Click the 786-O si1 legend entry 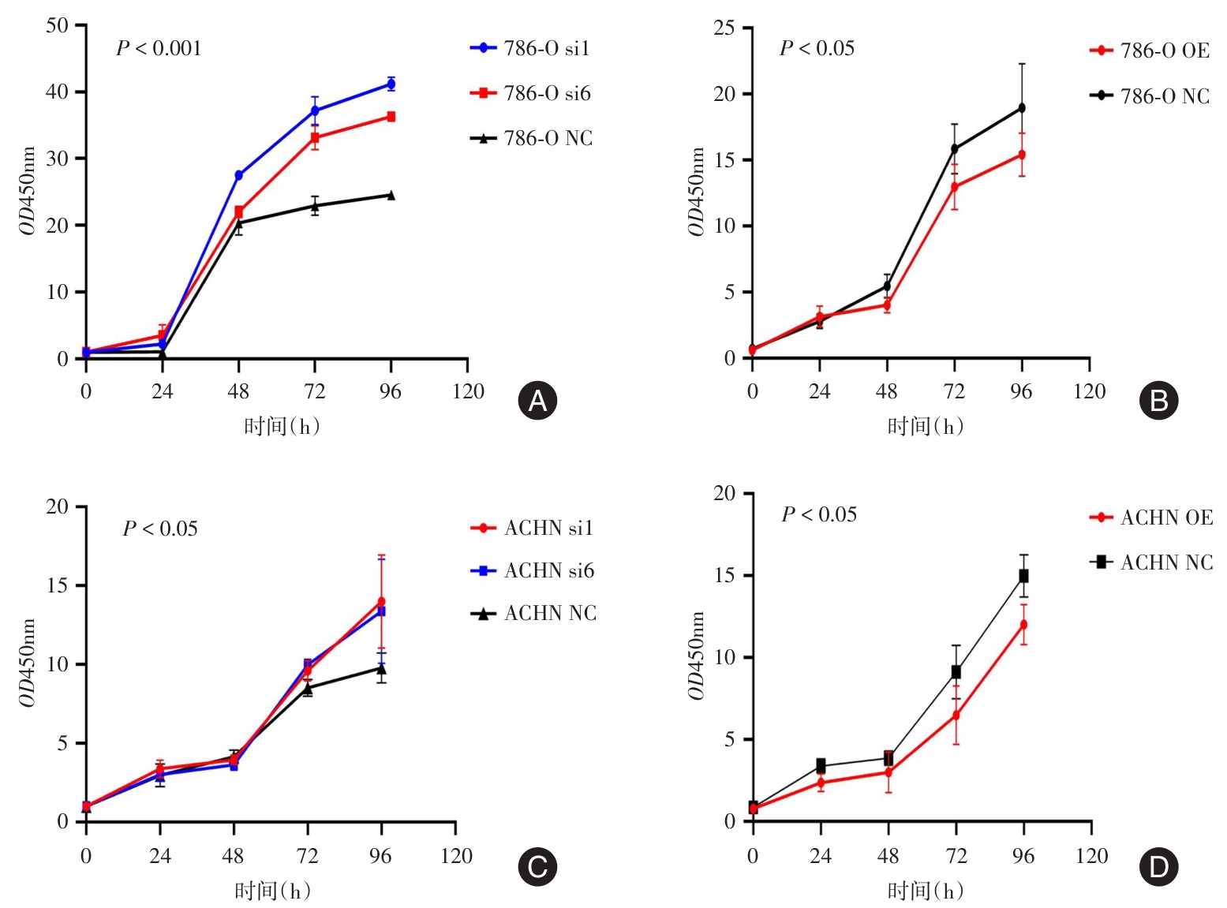(530, 48)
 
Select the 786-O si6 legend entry (530, 93)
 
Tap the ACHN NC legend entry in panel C (533, 613)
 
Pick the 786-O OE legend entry (1149, 50)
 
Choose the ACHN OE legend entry (1150, 518)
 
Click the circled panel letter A (537, 401)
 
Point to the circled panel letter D (1158, 867)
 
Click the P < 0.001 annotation (159, 49)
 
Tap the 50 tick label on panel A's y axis (57, 25)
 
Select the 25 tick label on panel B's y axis (724, 28)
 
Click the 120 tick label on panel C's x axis (456, 856)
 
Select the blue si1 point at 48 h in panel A (238, 175)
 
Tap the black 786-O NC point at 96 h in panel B (1022, 107)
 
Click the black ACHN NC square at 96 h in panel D (1023, 576)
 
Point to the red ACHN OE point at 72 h (956, 716)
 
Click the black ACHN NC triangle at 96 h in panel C (382, 669)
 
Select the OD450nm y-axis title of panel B (695, 192)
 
